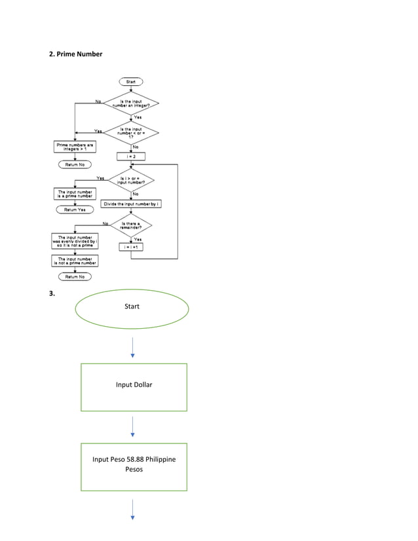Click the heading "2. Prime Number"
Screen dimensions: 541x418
coord(76,54)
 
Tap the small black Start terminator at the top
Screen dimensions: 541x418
coord(130,82)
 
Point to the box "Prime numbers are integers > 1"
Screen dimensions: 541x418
coord(75,147)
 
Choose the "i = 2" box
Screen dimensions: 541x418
coord(131,157)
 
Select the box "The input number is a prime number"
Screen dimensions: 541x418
coord(75,194)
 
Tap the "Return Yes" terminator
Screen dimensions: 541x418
coord(75,210)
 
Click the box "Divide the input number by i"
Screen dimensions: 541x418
coord(131,204)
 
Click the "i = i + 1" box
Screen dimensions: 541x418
coord(131,247)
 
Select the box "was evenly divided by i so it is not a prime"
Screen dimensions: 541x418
coord(75,241)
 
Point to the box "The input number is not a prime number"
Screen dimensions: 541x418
coord(75,261)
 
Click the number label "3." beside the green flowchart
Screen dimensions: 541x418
coord(52,293)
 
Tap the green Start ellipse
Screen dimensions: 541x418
coord(132,307)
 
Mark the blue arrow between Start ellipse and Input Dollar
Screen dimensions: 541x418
coord(132,347)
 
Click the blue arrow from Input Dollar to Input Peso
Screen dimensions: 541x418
coord(132,426)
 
